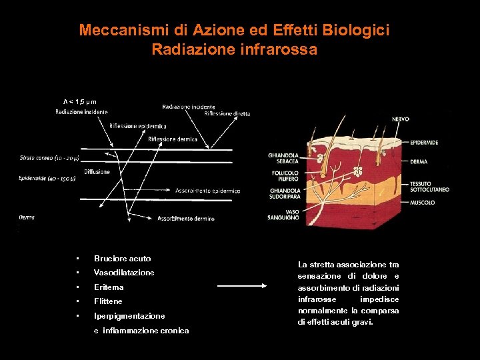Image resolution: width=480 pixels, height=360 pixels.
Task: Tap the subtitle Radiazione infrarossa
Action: click(234, 49)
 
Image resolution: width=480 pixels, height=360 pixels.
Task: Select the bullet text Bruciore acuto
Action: click(123, 259)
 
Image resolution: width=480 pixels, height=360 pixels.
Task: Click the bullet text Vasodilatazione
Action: click(124, 273)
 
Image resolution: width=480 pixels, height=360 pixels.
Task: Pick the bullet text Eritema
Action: click(109, 287)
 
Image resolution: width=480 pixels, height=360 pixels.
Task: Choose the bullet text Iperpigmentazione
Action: click(129, 316)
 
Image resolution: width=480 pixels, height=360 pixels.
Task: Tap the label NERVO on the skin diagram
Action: click(401, 119)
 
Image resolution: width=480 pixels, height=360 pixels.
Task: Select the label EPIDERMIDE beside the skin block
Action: click(424, 143)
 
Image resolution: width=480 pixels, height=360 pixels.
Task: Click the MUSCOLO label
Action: click(421, 202)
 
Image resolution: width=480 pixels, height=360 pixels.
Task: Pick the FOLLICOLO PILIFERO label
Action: click(282, 176)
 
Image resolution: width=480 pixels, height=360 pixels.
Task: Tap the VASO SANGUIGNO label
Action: click(283, 215)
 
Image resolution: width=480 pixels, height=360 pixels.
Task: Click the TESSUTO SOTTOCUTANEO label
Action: click(429, 186)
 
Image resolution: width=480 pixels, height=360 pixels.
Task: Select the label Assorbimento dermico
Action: click(185, 219)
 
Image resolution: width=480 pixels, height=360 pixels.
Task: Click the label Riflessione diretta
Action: click(227, 114)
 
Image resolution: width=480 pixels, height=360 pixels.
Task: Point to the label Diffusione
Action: click(97, 172)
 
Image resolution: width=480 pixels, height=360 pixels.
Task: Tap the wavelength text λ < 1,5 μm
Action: click(80, 101)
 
